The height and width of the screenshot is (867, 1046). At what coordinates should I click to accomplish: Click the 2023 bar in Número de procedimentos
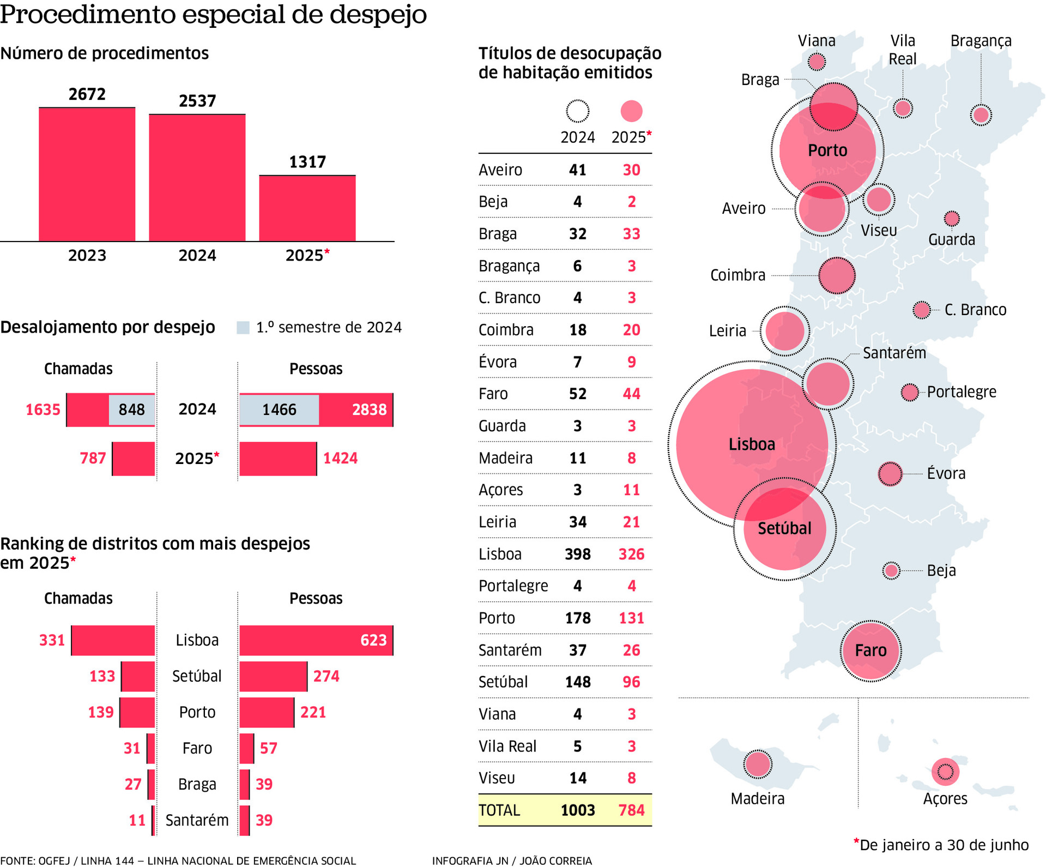coord(87,174)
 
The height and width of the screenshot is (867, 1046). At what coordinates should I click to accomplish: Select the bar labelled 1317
coord(307,208)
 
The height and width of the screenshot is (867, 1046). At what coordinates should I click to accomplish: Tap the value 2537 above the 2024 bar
coord(197,101)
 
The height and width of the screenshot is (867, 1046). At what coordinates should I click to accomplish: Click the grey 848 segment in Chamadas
coord(131,410)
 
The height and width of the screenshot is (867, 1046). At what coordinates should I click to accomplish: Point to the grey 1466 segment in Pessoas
coord(279,410)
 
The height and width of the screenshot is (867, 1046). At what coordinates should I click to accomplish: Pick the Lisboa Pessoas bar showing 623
coord(316,640)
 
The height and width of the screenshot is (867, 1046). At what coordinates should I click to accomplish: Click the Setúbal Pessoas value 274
coord(326,676)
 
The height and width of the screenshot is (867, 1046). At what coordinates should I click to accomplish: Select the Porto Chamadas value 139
coord(101,712)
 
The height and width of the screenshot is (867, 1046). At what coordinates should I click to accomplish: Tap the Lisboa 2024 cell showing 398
coord(578,554)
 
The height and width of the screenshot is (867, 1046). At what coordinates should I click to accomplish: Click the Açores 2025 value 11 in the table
coord(631,490)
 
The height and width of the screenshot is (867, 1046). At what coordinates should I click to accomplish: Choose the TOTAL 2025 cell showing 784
coord(631,810)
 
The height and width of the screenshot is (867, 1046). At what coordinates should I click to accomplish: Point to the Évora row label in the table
coord(498,362)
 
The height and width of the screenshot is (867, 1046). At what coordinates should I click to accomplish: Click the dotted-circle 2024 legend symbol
coord(577,111)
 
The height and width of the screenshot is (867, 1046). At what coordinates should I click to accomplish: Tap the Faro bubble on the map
coord(870,651)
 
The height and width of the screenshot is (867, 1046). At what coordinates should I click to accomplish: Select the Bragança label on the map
coord(981,41)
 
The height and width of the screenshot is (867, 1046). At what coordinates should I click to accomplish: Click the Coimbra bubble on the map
coord(837,275)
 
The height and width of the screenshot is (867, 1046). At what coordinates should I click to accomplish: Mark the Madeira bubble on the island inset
coord(758,764)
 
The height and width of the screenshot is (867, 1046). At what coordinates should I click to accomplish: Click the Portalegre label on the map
coord(962,392)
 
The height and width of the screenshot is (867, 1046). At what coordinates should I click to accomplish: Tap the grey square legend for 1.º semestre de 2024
coord(243,328)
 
